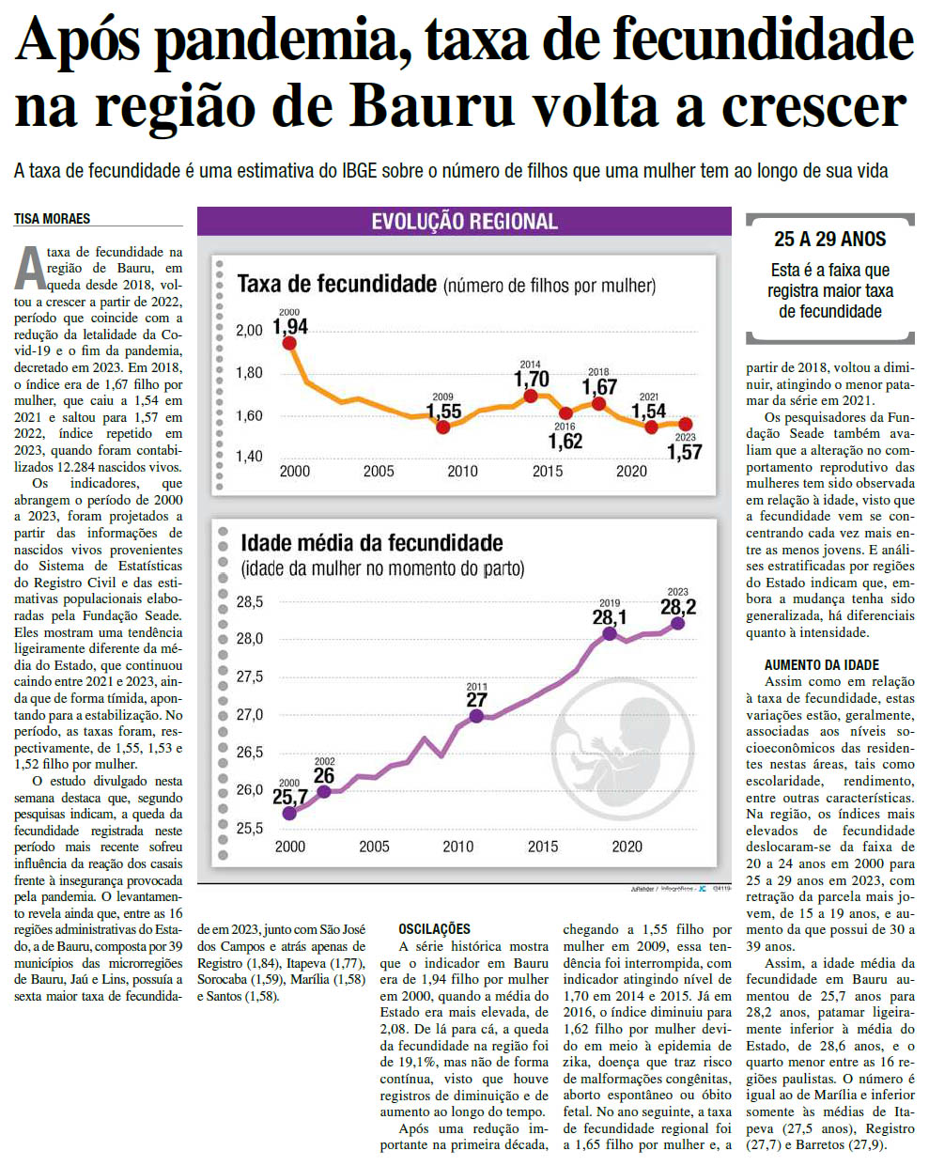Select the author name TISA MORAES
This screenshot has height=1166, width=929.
point(53,219)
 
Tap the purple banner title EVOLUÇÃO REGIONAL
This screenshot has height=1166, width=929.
point(464,222)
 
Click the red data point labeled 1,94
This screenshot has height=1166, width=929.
point(289,343)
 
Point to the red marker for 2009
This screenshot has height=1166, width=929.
point(443,428)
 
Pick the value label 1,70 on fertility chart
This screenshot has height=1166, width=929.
point(531,380)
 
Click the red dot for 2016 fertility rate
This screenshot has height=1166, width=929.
point(565,413)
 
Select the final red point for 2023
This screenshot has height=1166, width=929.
point(686,425)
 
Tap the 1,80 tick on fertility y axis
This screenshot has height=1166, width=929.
point(249,373)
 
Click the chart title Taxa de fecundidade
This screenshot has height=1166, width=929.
point(336,284)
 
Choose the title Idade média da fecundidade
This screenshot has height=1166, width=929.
point(371,543)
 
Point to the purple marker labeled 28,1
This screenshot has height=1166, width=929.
point(610,634)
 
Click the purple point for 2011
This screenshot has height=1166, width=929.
point(476,716)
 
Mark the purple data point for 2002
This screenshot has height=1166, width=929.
point(324,791)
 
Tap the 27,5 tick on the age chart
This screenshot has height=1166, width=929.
point(249,676)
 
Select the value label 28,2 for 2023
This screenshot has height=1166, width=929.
point(677,607)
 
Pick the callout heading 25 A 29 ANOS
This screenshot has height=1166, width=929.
point(829,240)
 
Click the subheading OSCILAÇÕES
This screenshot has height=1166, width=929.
point(434,929)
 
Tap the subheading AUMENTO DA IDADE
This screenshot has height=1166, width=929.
point(821,665)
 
